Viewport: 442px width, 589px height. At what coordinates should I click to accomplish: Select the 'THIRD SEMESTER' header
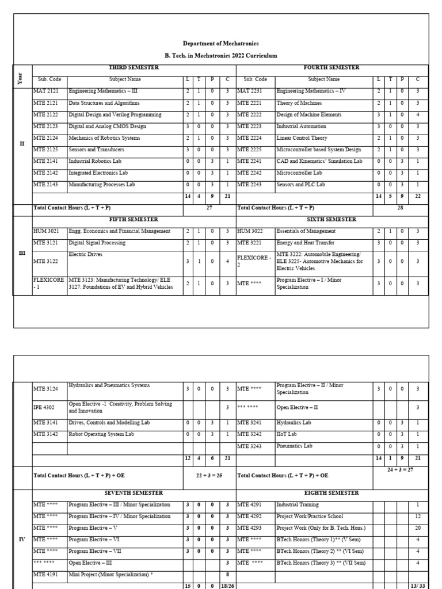coord(134,68)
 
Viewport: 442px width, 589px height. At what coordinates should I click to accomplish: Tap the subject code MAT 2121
coord(45,91)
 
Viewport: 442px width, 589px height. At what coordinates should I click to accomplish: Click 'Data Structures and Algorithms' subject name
coord(104,103)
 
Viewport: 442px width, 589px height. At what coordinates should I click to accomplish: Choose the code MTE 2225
coord(249,150)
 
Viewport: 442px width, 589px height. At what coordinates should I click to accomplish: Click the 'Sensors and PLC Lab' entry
coord(301,184)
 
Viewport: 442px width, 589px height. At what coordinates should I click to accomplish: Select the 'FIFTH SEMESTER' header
coord(134,219)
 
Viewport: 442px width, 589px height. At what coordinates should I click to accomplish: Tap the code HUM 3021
coord(46,231)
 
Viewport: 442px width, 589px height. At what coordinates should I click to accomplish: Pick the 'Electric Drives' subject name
coord(86,254)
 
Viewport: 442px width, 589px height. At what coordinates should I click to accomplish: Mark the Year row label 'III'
coord(22,254)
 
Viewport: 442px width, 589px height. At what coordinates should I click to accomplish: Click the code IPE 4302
coord(44,407)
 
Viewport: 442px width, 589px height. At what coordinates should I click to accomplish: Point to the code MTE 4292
coord(249,517)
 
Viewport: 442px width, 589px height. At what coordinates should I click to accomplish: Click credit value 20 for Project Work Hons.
coord(418,528)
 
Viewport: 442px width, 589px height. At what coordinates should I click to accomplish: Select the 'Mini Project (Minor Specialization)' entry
coord(106,574)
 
